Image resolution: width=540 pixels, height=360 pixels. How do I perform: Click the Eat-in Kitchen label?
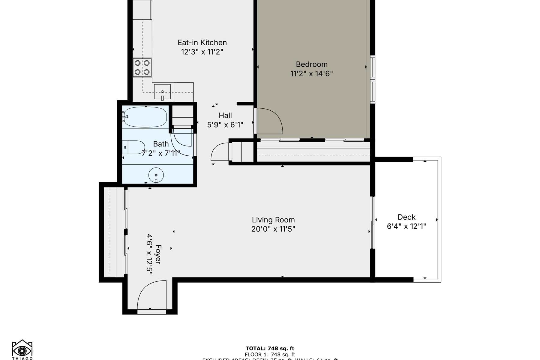(202, 43)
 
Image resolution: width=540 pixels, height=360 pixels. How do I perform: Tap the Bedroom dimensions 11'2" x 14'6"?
(311, 73)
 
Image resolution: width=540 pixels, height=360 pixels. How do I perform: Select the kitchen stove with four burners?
(142, 67)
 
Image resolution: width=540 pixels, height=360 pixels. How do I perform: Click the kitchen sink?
(162, 91)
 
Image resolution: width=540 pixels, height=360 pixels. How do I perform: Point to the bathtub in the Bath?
(145, 117)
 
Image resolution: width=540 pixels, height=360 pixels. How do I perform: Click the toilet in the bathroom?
(134, 147)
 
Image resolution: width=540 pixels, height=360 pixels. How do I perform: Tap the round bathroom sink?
(156, 175)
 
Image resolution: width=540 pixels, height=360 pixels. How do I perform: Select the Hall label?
(225, 115)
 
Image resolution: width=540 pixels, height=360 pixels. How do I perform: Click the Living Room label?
(273, 220)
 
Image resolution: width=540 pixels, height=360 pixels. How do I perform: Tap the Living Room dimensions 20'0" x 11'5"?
(273, 229)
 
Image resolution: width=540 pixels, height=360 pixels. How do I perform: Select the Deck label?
(406, 217)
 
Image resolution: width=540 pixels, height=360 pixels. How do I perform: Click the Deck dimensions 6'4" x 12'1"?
(406, 226)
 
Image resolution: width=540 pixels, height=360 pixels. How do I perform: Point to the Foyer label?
(158, 254)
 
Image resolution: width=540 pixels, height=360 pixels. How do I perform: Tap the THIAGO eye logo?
(22, 349)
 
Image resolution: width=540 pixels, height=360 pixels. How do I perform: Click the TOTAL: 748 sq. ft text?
(270, 349)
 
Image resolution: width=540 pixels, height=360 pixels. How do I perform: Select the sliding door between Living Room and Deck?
(373, 222)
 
